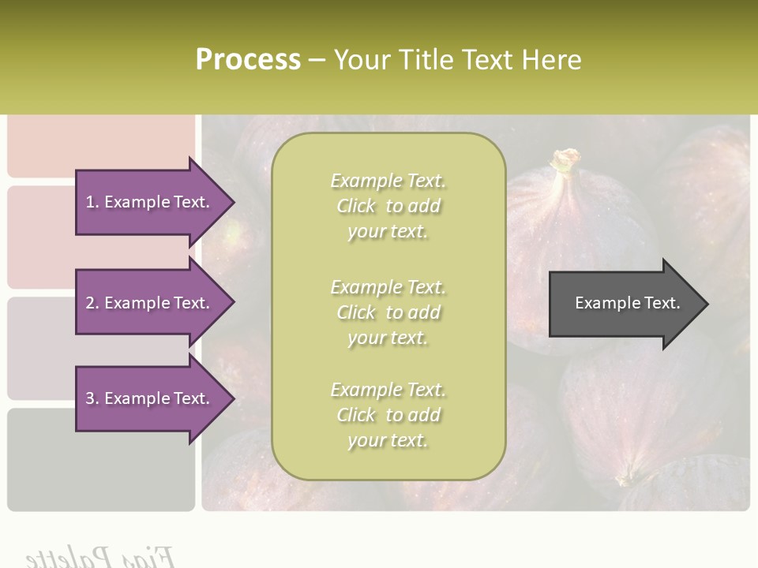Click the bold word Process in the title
(248, 60)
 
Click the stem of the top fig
(565, 161)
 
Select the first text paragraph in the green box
(388, 206)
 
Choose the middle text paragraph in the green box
(388, 312)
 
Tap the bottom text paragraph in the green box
(388, 415)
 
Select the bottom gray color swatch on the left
(100, 459)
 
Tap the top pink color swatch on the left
(100, 146)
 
